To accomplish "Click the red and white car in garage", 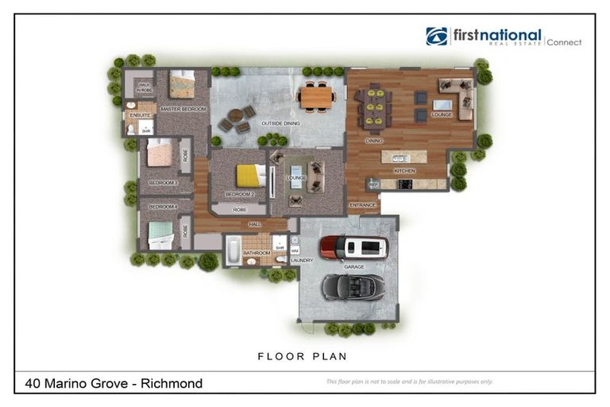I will [x=353, y=248].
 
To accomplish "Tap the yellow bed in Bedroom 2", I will [x=249, y=175].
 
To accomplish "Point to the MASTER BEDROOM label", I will [x=183, y=109].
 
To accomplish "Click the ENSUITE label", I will [x=140, y=115].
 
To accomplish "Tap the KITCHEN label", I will [x=404, y=171].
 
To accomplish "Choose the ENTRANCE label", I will [x=362, y=205].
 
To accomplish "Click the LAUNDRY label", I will [x=302, y=260].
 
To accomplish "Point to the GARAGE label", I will [x=354, y=267].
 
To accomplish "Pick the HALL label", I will [x=256, y=224].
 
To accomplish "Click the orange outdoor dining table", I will [x=316, y=96].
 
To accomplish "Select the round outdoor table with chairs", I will [x=237, y=118].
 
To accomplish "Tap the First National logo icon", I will [x=437, y=37].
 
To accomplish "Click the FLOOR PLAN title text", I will [x=302, y=356].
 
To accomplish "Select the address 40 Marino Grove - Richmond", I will [x=114, y=383].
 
